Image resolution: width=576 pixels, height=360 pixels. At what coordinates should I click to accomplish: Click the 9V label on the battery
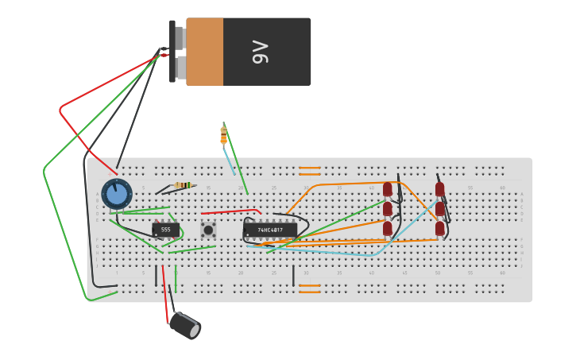pyautogui.click(x=261, y=52)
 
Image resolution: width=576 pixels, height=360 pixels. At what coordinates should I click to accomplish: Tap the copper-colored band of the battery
pyautogui.click(x=205, y=52)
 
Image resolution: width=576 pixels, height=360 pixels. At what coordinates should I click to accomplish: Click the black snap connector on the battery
pyautogui.click(x=172, y=52)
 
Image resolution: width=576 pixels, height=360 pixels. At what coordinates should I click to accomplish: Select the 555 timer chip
pyautogui.click(x=165, y=230)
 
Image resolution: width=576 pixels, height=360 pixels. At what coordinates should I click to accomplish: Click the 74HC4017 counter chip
pyautogui.click(x=270, y=230)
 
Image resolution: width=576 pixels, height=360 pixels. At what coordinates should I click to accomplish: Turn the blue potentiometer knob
pyautogui.click(x=117, y=193)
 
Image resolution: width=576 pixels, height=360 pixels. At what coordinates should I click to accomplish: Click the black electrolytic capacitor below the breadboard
pyautogui.click(x=185, y=325)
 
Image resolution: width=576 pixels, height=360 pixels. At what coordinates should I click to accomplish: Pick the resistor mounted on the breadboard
pyautogui.click(x=183, y=186)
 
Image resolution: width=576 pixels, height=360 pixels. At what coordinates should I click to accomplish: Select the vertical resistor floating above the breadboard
pyautogui.click(x=223, y=135)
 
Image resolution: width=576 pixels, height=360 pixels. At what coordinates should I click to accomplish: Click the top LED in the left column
pyautogui.click(x=388, y=189)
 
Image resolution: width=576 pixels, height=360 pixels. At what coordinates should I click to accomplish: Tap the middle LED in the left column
pyautogui.click(x=388, y=209)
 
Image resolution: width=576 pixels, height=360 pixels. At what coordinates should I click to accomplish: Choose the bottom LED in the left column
pyautogui.click(x=388, y=228)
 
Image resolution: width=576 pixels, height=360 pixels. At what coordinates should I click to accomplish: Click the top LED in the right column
pyautogui.click(x=439, y=189)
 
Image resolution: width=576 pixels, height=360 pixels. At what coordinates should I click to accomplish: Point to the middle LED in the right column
pyautogui.click(x=439, y=209)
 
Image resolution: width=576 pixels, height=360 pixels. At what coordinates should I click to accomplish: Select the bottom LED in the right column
pyautogui.click(x=439, y=228)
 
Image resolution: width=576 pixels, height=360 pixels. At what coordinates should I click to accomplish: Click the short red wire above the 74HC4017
pyautogui.click(x=230, y=212)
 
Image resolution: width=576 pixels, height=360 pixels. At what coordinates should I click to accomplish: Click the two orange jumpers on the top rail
pyautogui.click(x=310, y=171)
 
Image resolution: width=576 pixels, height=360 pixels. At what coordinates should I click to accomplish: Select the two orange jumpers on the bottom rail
pyautogui.click(x=310, y=288)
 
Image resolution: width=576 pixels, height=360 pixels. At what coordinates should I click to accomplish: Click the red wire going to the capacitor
pyautogui.click(x=165, y=294)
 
